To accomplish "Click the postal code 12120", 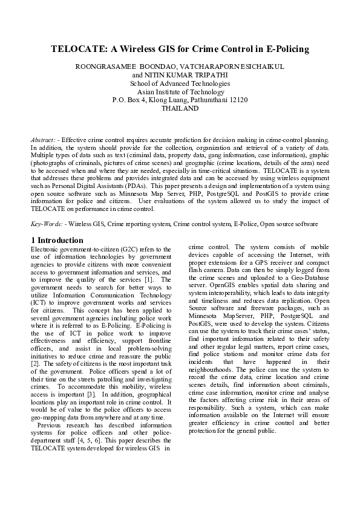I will [x=237, y=100].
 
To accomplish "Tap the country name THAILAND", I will [x=180, y=108].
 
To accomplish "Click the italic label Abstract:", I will [x=44, y=140].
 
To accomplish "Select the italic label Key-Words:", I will [x=46, y=224].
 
